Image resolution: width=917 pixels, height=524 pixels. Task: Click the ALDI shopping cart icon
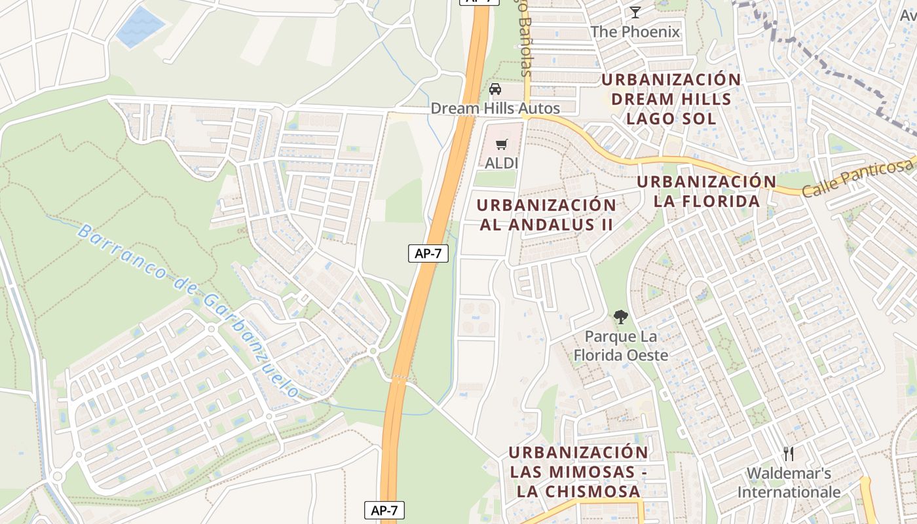click(x=502, y=145)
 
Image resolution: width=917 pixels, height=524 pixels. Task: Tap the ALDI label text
click(x=502, y=163)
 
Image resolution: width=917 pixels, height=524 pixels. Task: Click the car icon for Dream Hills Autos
click(x=495, y=89)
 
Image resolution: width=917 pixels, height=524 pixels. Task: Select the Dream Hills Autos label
click(x=495, y=108)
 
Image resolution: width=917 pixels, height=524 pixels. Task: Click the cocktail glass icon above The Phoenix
click(x=635, y=12)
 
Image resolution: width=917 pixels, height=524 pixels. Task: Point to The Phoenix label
click(x=635, y=31)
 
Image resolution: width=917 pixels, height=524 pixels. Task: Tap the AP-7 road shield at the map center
click(x=428, y=253)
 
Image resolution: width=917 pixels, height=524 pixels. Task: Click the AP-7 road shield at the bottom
click(x=384, y=510)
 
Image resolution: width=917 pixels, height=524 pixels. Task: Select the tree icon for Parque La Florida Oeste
click(x=620, y=318)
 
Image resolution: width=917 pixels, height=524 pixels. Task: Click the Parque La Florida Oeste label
click(x=620, y=346)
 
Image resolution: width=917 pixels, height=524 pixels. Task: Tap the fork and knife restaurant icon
click(x=789, y=453)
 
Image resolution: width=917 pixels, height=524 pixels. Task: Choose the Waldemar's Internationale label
click(x=789, y=482)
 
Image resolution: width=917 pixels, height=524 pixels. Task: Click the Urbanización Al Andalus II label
click(x=546, y=215)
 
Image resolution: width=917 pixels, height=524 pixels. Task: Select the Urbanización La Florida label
click(x=707, y=191)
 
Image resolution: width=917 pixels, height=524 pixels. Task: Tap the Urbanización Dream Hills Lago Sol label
click(x=671, y=99)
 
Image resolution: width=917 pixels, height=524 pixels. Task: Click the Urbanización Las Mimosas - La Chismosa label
click(x=578, y=472)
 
